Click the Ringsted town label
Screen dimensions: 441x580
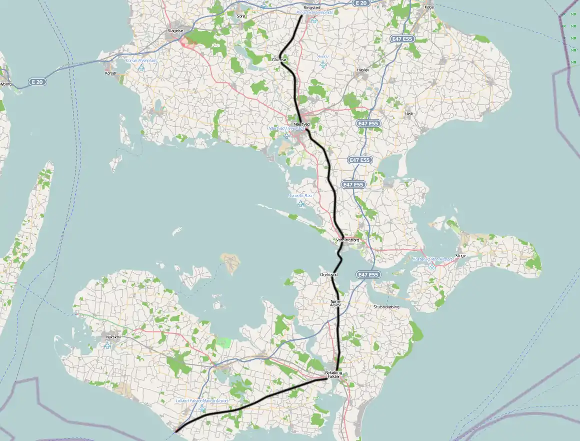click(x=311, y=8)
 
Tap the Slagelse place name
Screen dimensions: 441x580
click(x=175, y=31)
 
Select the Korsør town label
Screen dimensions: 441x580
click(x=110, y=73)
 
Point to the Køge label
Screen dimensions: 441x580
click(x=429, y=8)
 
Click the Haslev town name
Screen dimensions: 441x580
click(x=363, y=70)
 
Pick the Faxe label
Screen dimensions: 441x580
click(x=408, y=114)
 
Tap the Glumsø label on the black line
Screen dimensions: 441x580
click(x=279, y=60)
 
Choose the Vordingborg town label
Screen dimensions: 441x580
click(x=348, y=240)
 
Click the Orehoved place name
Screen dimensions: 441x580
click(x=328, y=275)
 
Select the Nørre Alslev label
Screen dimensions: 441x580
click(x=335, y=303)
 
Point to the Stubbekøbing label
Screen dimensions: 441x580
click(x=386, y=307)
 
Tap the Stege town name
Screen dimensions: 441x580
click(x=460, y=256)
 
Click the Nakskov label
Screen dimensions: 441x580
click(x=113, y=337)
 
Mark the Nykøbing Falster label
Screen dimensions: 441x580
click(x=333, y=374)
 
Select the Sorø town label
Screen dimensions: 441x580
click(x=241, y=16)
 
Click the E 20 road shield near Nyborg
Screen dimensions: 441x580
click(x=37, y=82)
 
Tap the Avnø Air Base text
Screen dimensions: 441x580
click(x=301, y=196)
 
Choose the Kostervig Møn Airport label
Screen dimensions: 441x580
click(x=432, y=259)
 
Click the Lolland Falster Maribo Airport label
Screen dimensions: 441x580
click(x=202, y=401)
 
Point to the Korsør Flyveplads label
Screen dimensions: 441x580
click(x=141, y=60)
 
